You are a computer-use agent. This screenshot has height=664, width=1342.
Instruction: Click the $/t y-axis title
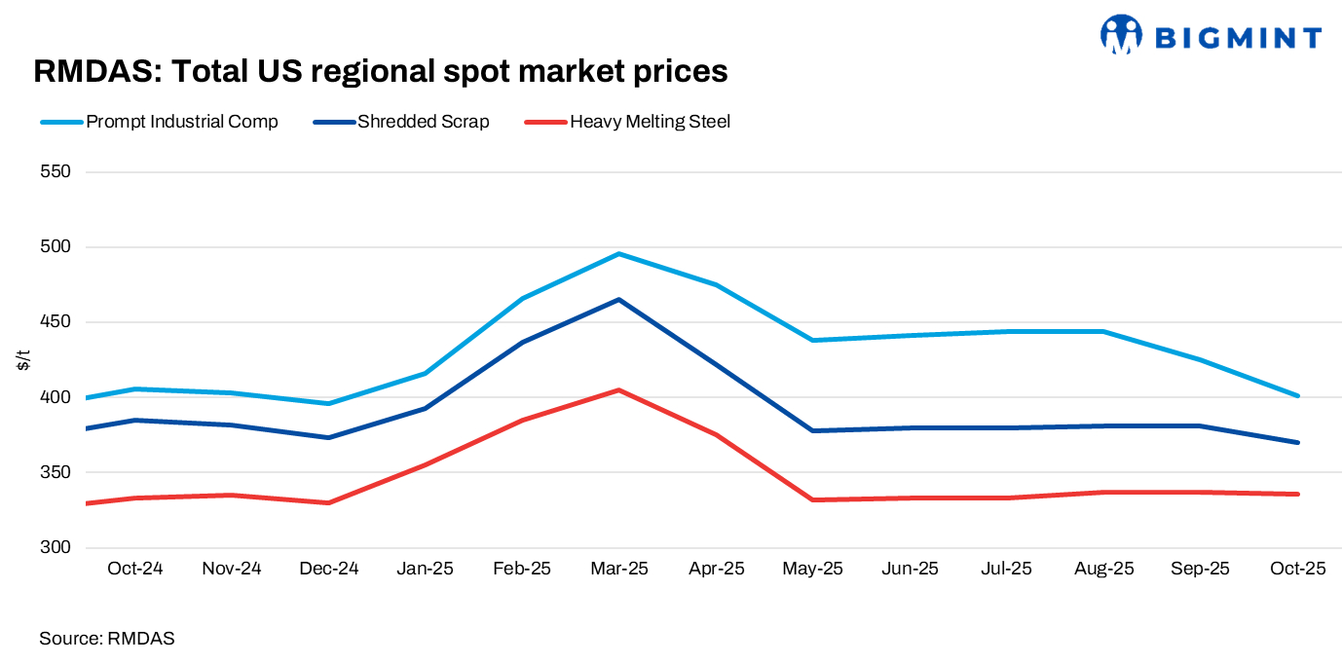[22, 359]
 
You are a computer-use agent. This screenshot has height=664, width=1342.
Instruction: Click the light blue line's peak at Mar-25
[618, 254]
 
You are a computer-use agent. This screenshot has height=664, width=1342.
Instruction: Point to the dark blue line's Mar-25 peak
[618, 300]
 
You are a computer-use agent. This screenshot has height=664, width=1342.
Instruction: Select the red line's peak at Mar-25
[618, 390]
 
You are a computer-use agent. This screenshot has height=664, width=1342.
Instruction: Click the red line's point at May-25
[812, 499]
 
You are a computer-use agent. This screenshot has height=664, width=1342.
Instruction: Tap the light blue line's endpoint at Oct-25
[1297, 395]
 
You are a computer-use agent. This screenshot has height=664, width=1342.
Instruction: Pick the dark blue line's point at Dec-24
[328, 437]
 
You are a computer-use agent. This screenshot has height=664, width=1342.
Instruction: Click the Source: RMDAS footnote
[107, 639]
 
